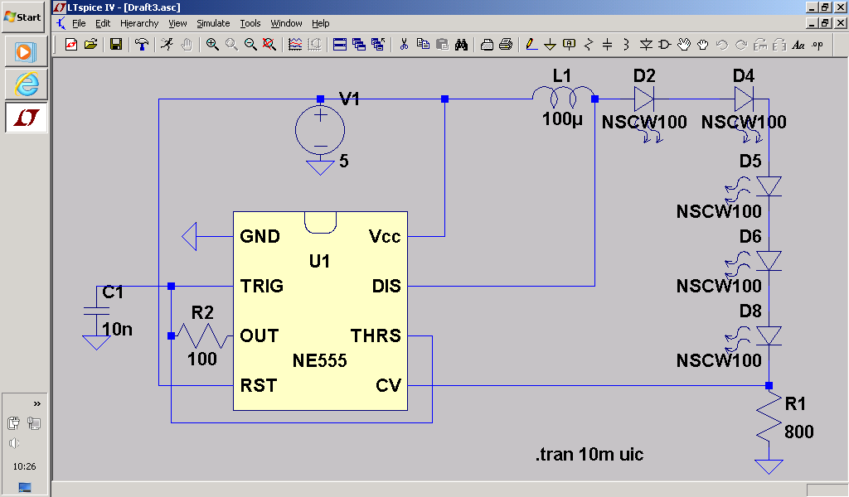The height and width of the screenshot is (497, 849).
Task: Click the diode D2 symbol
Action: [645, 99]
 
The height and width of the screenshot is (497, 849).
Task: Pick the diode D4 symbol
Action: [744, 99]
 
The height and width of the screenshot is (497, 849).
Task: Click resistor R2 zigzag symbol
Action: [202, 335]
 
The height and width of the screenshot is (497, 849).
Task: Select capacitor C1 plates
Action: [96, 311]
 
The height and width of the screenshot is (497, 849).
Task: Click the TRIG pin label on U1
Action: [261, 287]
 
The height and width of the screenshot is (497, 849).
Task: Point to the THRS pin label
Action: [376, 336]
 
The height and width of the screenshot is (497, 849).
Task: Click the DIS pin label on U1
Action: [386, 287]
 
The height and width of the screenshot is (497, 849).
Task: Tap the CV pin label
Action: [388, 386]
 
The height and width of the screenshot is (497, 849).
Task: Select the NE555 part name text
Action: [319, 361]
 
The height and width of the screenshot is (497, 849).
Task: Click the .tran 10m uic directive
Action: [589, 455]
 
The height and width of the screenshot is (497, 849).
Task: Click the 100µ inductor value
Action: [563, 119]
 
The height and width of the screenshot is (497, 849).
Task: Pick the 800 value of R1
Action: [799, 432]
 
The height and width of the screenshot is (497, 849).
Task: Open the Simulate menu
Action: [213, 23]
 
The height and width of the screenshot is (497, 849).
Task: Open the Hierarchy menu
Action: [139, 23]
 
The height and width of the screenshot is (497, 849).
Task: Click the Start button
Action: [22, 17]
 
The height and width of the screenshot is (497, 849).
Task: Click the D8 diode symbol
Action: [770, 335]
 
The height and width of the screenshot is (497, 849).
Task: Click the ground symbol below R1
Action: [770, 466]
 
